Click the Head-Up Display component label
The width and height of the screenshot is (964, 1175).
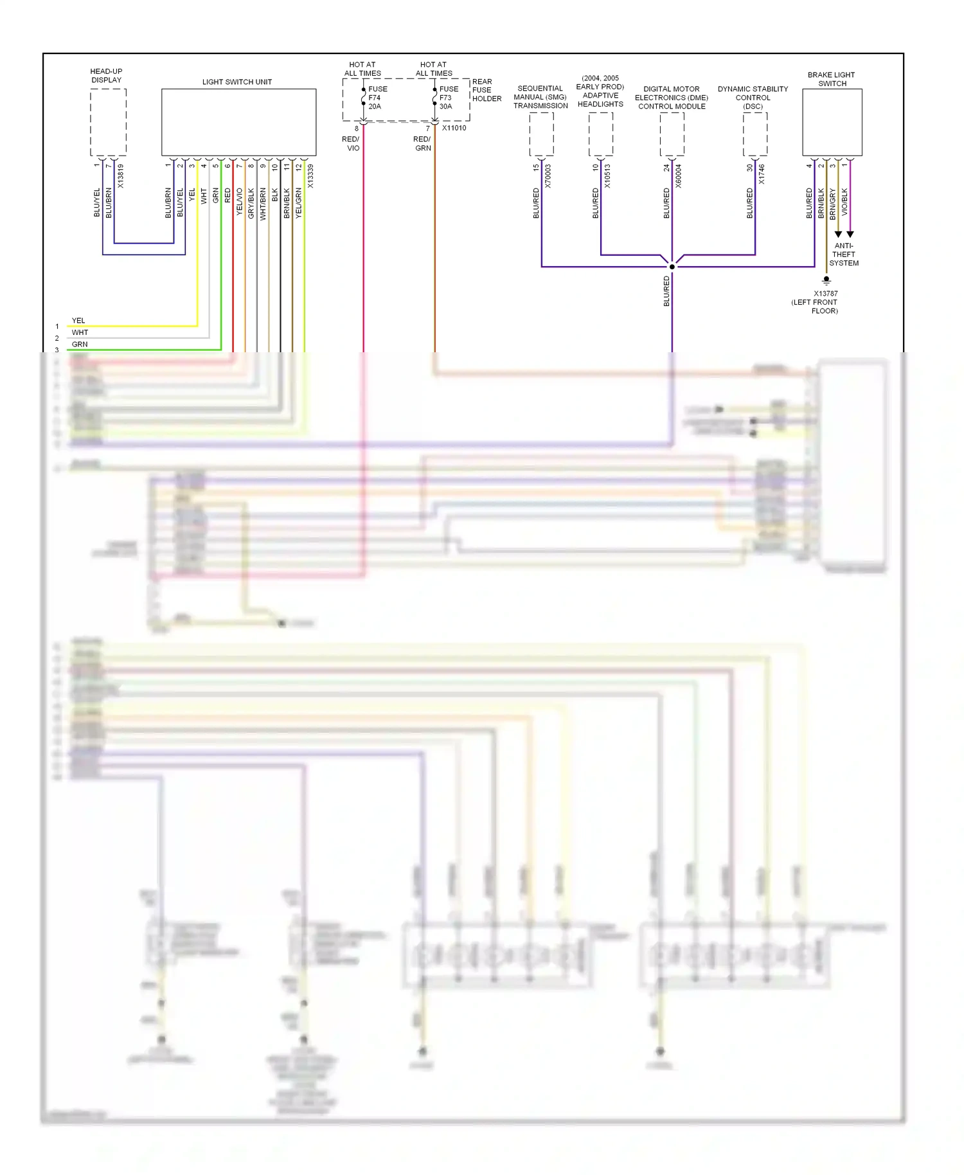click(x=106, y=76)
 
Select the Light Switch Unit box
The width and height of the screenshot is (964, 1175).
click(x=238, y=122)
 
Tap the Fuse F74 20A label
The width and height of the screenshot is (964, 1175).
click(x=377, y=98)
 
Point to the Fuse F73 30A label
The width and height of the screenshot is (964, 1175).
click(x=449, y=98)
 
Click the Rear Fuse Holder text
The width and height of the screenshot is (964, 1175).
click(x=486, y=90)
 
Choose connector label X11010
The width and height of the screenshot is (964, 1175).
click(x=454, y=128)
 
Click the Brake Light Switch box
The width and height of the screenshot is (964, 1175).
click(x=832, y=122)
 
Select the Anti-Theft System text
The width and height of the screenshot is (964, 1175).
click(x=843, y=255)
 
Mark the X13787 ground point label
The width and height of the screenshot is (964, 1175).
click(x=825, y=294)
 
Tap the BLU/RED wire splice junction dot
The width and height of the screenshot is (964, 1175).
click(x=672, y=266)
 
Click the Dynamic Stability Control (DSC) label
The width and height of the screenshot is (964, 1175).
click(x=753, y=98)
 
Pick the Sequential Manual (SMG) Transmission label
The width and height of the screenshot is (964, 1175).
click(x=540, y=97)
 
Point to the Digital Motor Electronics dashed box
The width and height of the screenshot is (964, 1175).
click(x=672, y=134)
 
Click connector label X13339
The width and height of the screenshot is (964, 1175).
click(x=310, y=176)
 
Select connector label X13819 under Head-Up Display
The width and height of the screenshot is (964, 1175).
click(x=120, y=176)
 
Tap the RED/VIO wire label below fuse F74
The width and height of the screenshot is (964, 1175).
click(x=352, y=143)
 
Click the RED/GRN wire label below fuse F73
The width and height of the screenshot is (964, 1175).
click(x=422, y=143)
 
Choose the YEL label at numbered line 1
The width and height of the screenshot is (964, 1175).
click(x=78, y=320)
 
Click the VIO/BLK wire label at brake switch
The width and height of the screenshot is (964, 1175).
click(x=844, y=201)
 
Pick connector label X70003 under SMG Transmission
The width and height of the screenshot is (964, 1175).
click(x=548, y=176)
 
